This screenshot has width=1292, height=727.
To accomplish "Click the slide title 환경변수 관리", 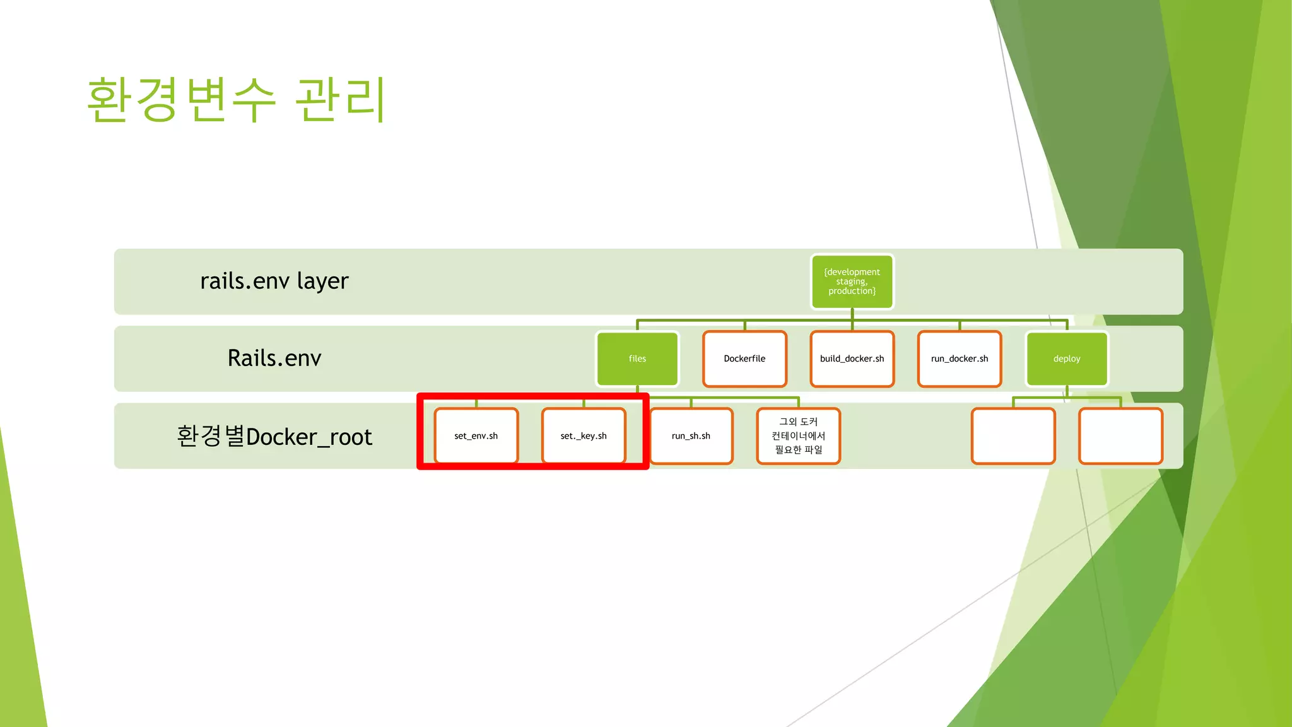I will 236,100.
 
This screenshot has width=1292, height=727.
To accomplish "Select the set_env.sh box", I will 476,436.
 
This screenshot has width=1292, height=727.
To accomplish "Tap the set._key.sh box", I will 584,436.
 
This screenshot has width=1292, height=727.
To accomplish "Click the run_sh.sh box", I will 691,436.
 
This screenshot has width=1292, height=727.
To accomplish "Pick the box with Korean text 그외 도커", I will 799,436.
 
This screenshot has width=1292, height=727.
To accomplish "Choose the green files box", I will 637,358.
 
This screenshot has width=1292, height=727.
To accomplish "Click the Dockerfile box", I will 744,358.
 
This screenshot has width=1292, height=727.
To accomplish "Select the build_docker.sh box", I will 852,358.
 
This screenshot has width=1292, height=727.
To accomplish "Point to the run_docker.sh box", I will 960,358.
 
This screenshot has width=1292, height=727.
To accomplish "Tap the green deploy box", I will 1067,358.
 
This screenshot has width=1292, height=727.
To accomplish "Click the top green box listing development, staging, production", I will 852,281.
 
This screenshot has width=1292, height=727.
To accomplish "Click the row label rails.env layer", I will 274,281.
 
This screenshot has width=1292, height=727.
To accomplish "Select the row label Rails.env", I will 274,358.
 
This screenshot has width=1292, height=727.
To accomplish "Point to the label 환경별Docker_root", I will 274,437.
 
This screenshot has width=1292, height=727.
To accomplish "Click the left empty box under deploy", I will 1013,436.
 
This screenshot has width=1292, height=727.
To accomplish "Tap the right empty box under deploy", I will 1120,436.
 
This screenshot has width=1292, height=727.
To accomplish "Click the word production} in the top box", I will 852,292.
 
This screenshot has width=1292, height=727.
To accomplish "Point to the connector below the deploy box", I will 1067,392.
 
